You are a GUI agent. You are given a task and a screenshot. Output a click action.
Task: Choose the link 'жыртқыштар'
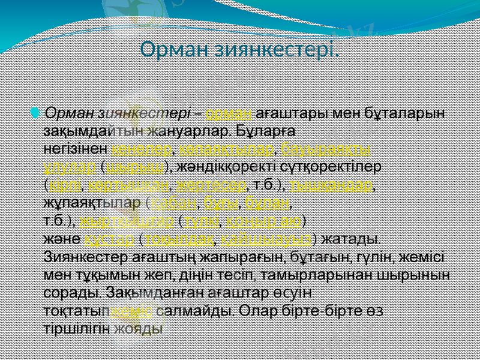pos(127,220)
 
